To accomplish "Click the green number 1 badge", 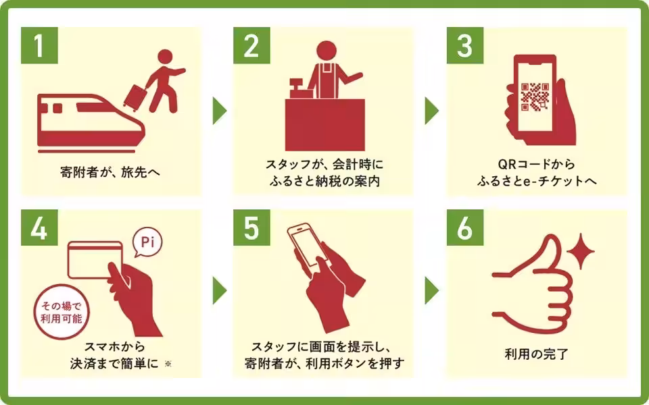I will (39, 46).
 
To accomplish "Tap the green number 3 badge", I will (464, 46).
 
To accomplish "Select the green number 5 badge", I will (251, 228).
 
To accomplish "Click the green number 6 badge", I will (464, 228).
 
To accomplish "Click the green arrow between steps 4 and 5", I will (218, 290).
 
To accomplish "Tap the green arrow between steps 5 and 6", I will (431, 290).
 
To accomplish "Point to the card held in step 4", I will (95, 260).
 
